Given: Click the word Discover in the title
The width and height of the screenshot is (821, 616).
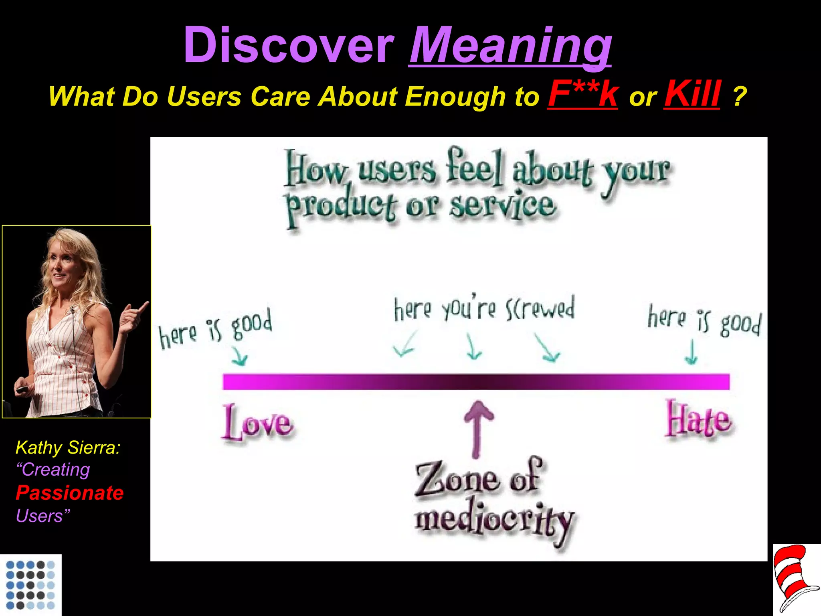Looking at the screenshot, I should [289, 45].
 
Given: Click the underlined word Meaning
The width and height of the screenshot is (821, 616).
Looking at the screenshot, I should [510, 45].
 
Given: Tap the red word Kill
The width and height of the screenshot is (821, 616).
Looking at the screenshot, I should [692, 94].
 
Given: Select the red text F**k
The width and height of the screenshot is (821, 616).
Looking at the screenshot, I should [583, 94].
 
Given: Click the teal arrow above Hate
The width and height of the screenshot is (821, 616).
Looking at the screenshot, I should [691, 353].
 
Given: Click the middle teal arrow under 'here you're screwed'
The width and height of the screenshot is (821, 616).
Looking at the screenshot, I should [473, 347].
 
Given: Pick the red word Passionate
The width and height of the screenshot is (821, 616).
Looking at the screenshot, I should [70, 493].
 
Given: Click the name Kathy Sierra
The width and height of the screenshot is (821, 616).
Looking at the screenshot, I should [68, 448].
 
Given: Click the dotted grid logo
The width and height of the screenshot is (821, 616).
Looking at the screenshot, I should [30, 585].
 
